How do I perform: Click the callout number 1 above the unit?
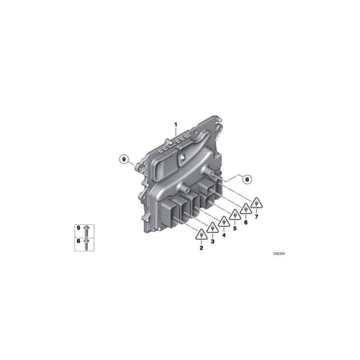pyautogui.click(x=175, y=124)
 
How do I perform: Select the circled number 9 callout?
pyautogui.click(x=124, y=159)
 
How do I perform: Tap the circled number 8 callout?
pyautogui.click(x=247, y=179)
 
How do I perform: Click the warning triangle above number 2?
pyautogui.click(x=201, y=235)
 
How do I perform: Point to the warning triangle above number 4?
pyautogui.click(x=224, y=222)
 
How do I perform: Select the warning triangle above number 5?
pyautogui.click(x=235, y=215)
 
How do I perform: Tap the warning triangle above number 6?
pyautogui.click(x=246, y=209)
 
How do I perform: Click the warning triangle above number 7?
pyautogui.click(x=257, y=202)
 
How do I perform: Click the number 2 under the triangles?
pyautogui.click(x=201, y=248)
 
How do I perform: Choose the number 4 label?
pyautogui.click(x=224, y=234)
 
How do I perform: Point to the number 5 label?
pyautogui.click(x=235, y=228)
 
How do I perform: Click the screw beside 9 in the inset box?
pyautogui.click(x=87, y=231)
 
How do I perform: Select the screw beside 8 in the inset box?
pyautogui.click(x=87, y=242)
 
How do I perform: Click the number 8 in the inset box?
pyautogui.click(x=78, y=241)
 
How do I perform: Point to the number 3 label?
pyautogui.click(x=212, y=241)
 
